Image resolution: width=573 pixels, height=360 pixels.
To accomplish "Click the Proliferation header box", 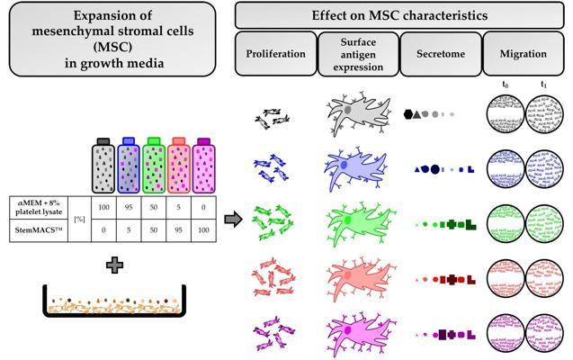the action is (x=276, y=54).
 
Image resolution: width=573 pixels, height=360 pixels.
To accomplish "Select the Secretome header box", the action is (x=441, y=54).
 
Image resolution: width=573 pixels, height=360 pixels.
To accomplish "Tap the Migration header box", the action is (x=524, y=54).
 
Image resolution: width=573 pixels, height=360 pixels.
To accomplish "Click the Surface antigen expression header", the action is (x=358, y=54).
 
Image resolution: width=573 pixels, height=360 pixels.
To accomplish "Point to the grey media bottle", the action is (x=103, y=166).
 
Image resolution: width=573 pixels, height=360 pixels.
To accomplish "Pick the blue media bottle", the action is (x=129, y=166).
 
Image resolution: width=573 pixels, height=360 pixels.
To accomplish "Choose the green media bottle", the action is (x=154, y=166).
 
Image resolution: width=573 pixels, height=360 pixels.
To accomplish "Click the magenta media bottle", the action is (x=203, y=166).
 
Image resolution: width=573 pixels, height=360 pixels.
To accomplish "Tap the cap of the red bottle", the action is (x=179, y=141).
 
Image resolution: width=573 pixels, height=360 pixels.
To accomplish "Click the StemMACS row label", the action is (x=39, y=230).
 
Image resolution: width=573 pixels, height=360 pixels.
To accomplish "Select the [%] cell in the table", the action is (x=79, y=219).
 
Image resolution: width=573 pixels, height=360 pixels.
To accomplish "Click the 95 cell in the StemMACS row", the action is (x=178, y=230).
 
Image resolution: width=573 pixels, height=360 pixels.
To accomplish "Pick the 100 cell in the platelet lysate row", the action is (x=103, y=207).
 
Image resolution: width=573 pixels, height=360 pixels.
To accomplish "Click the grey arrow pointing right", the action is (x=233, y=220).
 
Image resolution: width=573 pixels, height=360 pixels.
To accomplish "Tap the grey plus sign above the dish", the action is (x=114, y=265).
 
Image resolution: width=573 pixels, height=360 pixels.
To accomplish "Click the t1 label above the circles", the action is (x=543, y=85).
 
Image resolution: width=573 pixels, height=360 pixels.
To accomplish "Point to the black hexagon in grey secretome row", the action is (x=408, y=114).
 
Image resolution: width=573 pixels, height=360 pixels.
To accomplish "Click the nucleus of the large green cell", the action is (x=347, y=220).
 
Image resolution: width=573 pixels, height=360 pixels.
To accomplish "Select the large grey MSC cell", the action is (x=358, y=112).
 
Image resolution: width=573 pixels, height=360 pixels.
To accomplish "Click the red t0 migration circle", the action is (x=506, y=278).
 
